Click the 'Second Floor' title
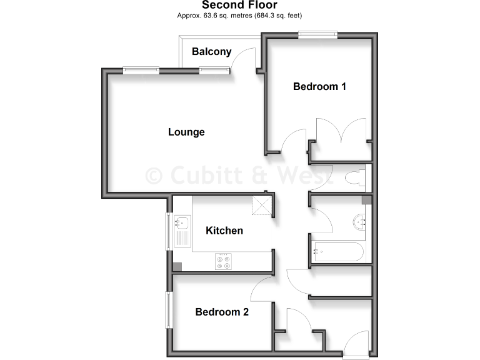click(x=239, y=5)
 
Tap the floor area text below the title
click(x=239, y=16)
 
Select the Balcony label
click(x=211, y=52)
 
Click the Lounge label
click(x=186, y=132)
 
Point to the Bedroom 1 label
click(x=319, y=87)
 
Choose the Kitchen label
click(x=224, y=231)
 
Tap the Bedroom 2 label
click(x=222, y=312)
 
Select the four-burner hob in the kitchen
click(x=224, y=261)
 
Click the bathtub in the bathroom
click(x=337, y=252)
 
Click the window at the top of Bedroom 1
click(x=317, y=35)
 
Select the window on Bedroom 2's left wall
click(x=167, y=309)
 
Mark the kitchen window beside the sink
click(x=167, y=231)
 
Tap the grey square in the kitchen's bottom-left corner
click(x=177, y=266)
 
